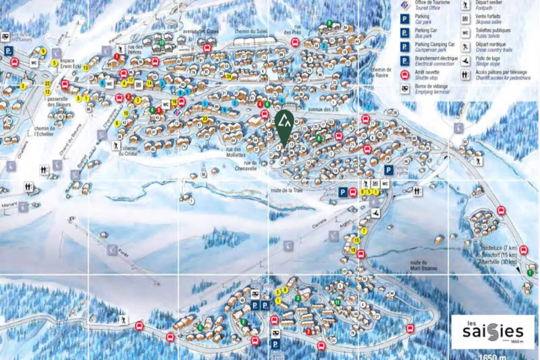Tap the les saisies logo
click(493, 331)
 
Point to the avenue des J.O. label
click(323, 110)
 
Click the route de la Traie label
click(286, 190)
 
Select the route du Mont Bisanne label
click(423, 265)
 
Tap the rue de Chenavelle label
click(246, 166)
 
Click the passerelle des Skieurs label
click(59, 102)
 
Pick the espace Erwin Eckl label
click(71, 63)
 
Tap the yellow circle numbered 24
click(229, 76)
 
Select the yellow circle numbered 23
click(205, 119)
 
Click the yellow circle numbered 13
click(86, 68)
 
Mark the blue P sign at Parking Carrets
click(342, 192)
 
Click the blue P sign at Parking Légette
click(388, 170)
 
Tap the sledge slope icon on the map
click(376, 213)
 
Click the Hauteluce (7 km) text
click(499, 248)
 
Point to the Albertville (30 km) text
click(498, 262)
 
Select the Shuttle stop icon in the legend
click(405, 75)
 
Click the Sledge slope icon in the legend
click(465, 61)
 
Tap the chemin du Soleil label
click(251, 31)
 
